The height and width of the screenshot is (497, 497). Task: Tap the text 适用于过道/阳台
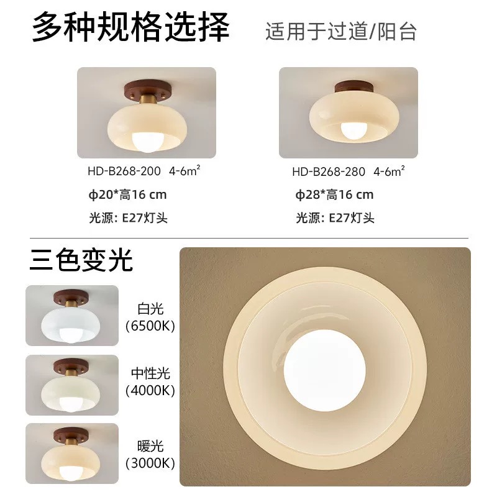(340, 32)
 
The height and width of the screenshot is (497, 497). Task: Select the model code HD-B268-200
(124, 171)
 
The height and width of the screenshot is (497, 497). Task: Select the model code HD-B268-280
(329, 172)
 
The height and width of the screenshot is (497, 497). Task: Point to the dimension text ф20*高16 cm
(128, 194)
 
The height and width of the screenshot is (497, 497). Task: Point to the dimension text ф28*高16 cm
(334, 194)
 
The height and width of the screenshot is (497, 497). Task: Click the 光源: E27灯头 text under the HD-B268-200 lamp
(128, 218)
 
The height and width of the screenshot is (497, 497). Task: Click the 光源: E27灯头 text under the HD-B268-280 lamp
(335, 218)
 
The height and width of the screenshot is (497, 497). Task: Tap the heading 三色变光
(81, 260)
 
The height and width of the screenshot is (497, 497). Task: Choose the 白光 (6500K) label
(150, 317)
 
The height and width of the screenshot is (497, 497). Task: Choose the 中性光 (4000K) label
(150, 382)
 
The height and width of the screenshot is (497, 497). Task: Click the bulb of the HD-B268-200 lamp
(147, 142)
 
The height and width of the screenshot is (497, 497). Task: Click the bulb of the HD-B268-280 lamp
(353, 130)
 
